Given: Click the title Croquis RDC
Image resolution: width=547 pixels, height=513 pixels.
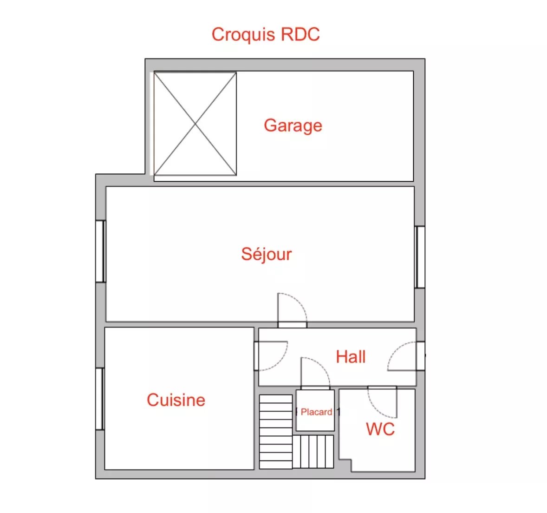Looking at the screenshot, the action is (266, 34).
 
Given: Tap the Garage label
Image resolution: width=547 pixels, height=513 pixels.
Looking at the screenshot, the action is (293, 125).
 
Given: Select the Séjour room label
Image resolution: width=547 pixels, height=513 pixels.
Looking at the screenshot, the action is (267, 254).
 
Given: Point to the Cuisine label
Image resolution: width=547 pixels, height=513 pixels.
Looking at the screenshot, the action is (176, 400).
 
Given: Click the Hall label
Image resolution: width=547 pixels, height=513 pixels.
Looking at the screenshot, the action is (351, 357).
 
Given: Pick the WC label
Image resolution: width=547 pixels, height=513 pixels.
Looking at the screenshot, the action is (380, 429).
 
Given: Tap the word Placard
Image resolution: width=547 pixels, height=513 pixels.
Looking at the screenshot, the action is (316, 412).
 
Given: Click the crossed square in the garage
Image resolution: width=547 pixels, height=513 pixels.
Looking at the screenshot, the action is (195, 124).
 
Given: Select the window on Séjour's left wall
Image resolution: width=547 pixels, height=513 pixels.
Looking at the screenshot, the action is (101, 251).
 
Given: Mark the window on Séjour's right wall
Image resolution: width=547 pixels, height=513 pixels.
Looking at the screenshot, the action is (420, 257).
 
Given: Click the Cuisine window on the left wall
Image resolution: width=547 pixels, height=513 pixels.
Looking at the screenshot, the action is (100, 399).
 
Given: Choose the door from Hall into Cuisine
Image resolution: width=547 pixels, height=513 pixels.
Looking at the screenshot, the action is (271, 355).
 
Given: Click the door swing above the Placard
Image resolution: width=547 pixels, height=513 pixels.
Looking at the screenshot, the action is (315, 373).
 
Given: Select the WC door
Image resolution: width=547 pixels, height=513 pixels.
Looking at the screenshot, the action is (382, 402).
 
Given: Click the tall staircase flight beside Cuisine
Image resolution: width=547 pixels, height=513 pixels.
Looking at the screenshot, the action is (276, 432).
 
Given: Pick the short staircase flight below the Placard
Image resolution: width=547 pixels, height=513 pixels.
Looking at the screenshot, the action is (313, 452).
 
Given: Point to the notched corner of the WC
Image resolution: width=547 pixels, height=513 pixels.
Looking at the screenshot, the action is (351, 460).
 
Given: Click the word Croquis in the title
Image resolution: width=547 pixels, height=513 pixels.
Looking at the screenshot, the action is (243, 35).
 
